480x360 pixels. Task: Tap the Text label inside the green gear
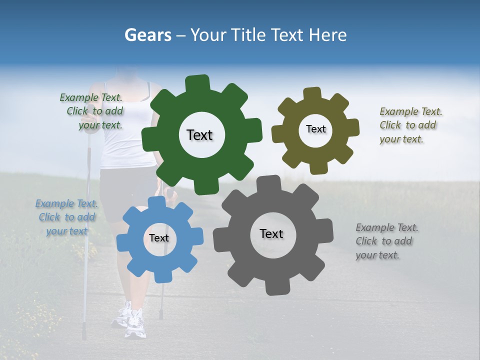point(199,135)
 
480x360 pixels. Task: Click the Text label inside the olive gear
point(315,129)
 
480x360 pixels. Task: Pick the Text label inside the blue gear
point(159,238)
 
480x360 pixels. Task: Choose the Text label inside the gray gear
point(271,233)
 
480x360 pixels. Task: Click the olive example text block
point(410,125)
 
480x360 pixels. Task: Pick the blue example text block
point(66,217)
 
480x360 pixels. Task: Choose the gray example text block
point(386,241)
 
